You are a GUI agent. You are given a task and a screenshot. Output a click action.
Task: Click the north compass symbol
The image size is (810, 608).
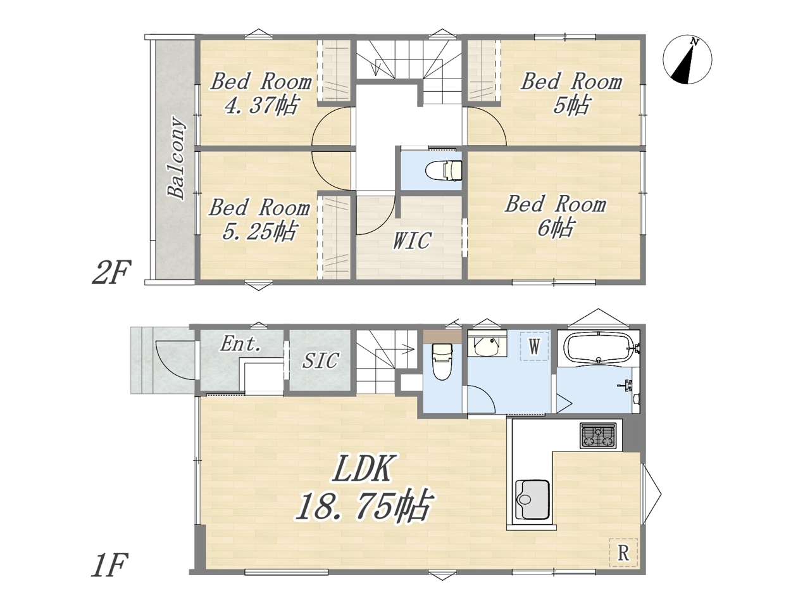tap(687, 60)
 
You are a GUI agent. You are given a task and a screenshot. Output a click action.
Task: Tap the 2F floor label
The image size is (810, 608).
tap(111, 273)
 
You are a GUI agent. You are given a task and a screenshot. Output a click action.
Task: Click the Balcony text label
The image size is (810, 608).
tap(176, 158)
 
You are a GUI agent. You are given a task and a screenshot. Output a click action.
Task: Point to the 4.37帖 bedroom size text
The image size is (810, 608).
tap(261, 105)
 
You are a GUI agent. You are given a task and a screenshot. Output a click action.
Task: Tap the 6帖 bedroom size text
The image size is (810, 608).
tap(556, 227)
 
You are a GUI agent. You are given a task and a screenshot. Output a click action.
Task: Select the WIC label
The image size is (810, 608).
tap(412, 240)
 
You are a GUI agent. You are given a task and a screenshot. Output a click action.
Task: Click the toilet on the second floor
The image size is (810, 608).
tap(444, 171)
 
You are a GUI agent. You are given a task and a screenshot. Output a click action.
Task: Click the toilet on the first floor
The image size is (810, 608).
tap(442, 362)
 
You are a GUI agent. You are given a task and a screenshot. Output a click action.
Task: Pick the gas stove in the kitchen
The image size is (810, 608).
tap(598, 436)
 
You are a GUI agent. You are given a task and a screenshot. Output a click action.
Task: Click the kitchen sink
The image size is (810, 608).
tap(532, 500)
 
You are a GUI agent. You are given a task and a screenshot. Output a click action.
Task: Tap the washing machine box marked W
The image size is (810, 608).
tap(534, 346)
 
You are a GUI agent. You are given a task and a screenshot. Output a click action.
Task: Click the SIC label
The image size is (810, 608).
tap(320, 360)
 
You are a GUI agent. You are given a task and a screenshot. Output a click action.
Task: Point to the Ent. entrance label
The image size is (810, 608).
tap(240, 344)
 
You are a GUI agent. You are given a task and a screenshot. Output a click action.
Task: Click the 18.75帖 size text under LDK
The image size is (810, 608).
tap(363, 506)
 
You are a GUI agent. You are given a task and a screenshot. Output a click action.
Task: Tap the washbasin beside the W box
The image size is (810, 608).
tap(487, 343)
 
